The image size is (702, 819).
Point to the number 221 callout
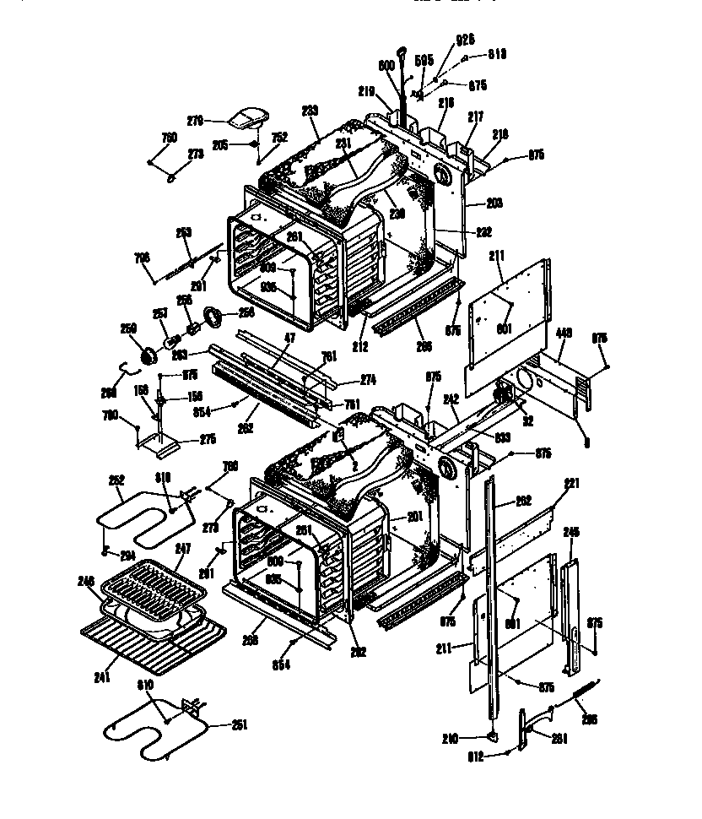coord(572,484)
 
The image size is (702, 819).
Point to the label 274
coord(368,380)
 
